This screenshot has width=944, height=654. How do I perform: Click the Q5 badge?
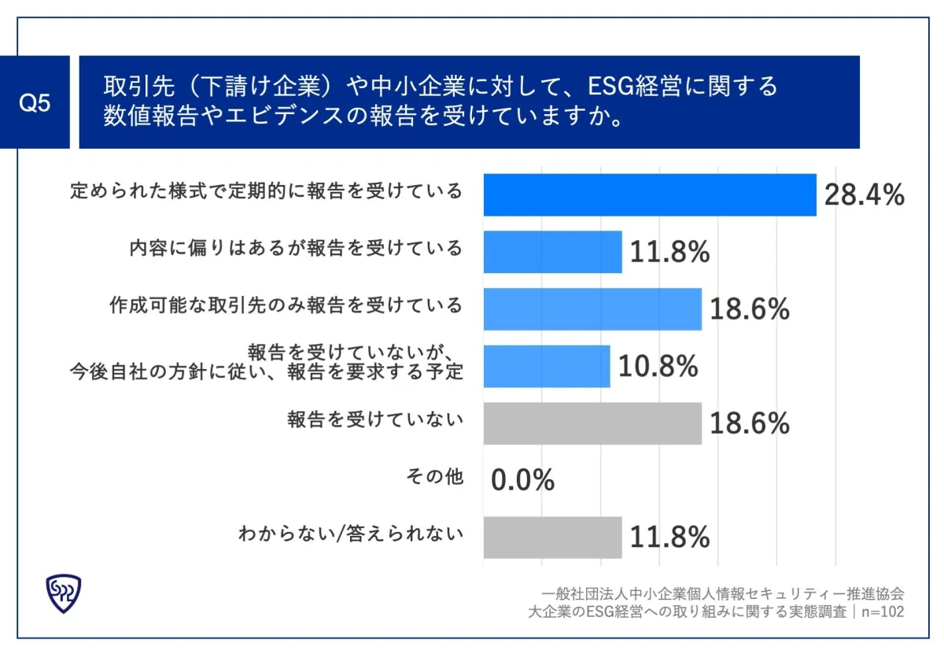[x=35, y=102]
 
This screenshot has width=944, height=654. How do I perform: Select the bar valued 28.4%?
[x=650, y=194]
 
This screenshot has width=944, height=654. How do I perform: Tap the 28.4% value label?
[x=864, y=195]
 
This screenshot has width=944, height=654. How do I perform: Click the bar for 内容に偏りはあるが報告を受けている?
[x=552, y=252]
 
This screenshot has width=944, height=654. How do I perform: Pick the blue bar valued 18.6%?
[x=592, y=309]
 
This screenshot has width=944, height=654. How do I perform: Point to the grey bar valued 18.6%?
[x=592, y=423]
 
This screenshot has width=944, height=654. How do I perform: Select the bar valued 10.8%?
[x=547, y=366]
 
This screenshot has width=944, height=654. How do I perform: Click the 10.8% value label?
[x=658, y=367]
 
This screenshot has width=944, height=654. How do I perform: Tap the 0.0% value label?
[x=523, y=480]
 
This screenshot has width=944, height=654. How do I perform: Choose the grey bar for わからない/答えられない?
[x=552, y=538]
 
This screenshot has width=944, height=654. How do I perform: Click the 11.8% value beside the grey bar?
[x=670, y=538]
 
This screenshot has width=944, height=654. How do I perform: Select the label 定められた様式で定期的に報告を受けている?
[x=266, y=191]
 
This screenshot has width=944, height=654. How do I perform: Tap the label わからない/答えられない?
[x=351, y=534]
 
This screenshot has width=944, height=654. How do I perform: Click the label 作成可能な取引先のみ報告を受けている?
[x=286, y=305]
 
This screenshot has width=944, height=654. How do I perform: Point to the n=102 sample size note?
[x=880, y=612]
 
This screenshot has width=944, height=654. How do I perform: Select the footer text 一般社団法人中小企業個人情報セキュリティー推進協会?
[x=722, y=594]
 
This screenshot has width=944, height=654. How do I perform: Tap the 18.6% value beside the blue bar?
[x=750, y=310]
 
